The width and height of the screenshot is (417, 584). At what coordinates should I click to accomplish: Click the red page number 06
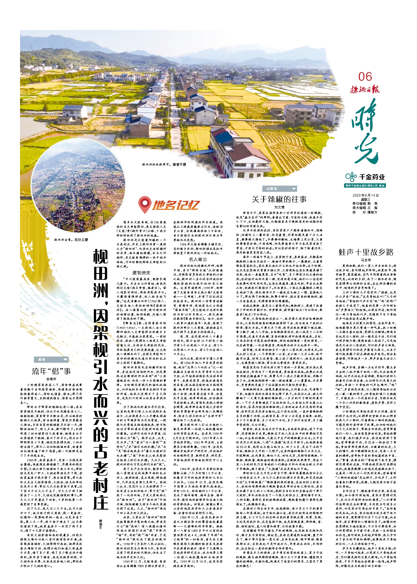coord(365,76)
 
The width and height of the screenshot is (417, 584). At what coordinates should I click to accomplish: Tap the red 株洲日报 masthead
coord(365,90)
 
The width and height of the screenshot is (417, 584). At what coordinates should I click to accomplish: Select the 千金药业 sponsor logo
coord(365,177)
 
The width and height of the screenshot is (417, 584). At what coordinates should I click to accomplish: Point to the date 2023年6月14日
coord(365,196)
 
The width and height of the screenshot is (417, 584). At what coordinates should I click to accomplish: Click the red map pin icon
coord(144,205)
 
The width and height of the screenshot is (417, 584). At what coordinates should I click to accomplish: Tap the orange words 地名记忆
coord(176,205)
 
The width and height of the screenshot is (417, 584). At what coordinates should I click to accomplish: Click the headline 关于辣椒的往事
coord(279,199)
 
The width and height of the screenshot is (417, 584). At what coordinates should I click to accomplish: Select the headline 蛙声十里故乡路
coord(366,252)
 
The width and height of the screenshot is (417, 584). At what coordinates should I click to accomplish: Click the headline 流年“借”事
coord(51,371)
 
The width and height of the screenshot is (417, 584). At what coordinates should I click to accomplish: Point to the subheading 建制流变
coord(141,272)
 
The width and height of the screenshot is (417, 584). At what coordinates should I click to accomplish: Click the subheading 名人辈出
coord(198,259)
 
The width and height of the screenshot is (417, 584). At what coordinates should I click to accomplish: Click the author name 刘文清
coord(279,207)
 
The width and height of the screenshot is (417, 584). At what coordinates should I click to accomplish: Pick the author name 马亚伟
coord(366,260)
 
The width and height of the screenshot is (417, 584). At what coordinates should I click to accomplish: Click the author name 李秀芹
coord(51,379)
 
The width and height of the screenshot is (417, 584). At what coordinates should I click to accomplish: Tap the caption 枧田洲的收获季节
coord(164,164)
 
